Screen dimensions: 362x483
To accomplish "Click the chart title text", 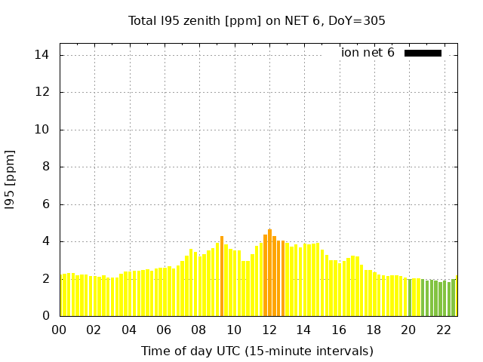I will point(257,20).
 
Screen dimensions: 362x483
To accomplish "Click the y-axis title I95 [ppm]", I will point(11,179).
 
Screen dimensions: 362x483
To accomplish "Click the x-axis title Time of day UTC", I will point(257,351).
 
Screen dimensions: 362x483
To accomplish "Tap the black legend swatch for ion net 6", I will point(423,53).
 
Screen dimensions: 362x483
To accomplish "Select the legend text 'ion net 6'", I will point(368,53).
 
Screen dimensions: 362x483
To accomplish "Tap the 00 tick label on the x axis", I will point(60,330).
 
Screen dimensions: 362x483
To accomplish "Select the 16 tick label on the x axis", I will point(339,330).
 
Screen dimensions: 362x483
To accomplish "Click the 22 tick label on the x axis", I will point(444,330).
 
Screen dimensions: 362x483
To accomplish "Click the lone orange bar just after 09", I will point(222,276).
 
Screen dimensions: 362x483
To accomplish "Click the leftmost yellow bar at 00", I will point(63,296).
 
